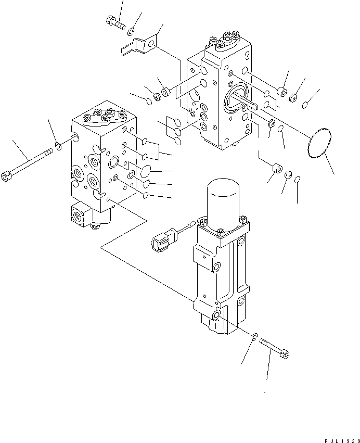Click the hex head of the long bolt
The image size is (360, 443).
click(x=8, y=177)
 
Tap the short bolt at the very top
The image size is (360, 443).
click(x=115, y=22)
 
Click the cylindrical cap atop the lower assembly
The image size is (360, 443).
click(x=224, y=200)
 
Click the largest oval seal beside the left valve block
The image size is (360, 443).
click(x=148, y=171)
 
